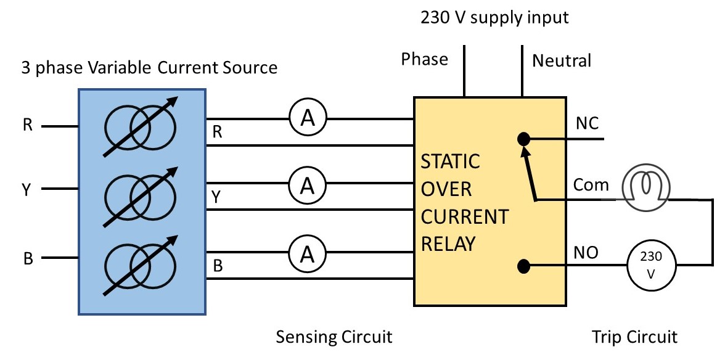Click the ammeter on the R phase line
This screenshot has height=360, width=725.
[x=307, y=119]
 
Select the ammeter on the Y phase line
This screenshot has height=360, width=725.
[x=307, y=184]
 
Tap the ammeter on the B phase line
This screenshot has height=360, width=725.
[x=307, y=252]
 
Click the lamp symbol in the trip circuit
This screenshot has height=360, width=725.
[x=643, y=186]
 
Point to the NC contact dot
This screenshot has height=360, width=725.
[x=523, y=139]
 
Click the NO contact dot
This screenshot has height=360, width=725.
[x=523, y=266]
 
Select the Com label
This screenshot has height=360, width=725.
[x=591, y=185]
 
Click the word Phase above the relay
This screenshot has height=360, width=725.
[x=424, y=59]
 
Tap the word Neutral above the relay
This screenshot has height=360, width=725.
[x=562, y=60]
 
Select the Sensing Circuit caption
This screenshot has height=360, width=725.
[x=334, y=337]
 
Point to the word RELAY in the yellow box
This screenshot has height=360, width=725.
[x=448, y=244]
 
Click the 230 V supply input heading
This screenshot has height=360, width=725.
[x=494, y=17]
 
